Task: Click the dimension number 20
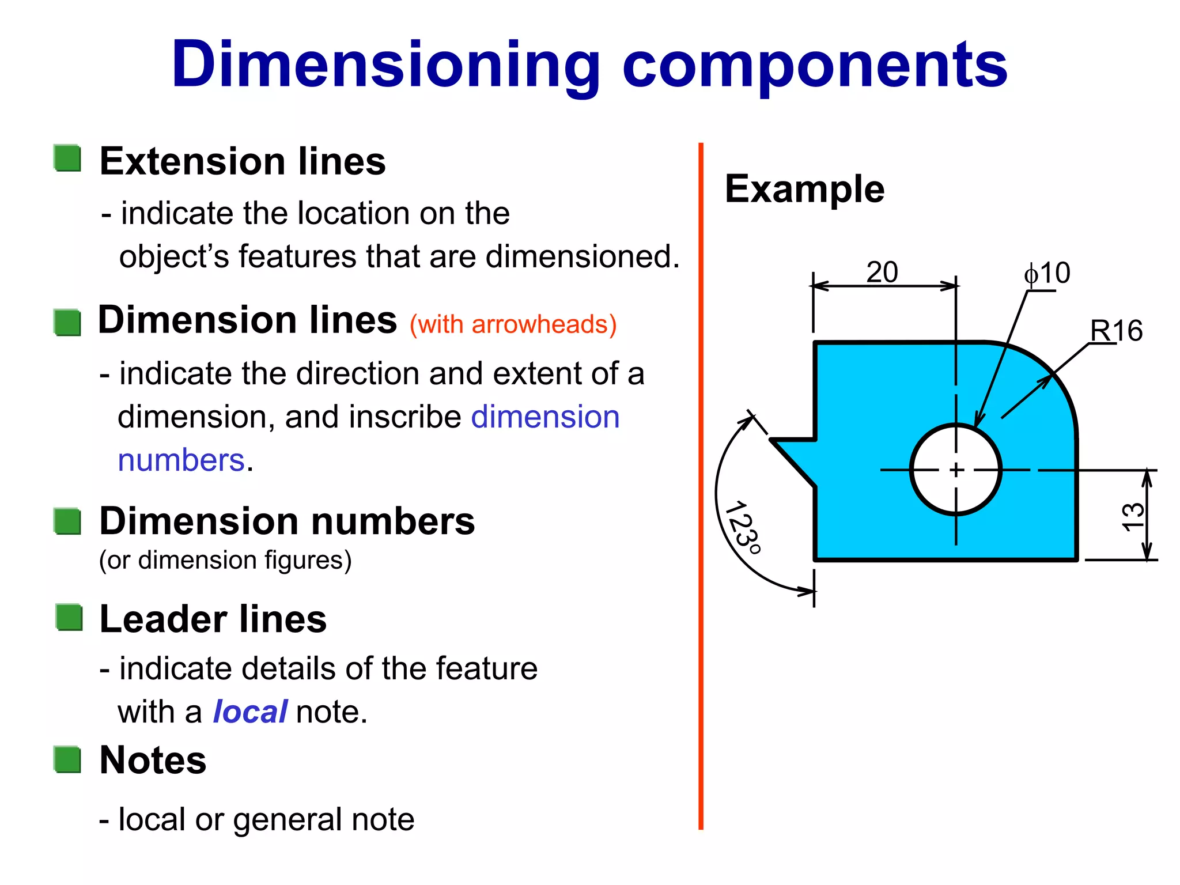point(882,273)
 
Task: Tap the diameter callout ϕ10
point(1047,273)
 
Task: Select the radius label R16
point(1116,331)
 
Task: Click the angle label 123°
point(743,527)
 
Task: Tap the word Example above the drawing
point(804,189)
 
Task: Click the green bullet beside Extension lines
point(68,158)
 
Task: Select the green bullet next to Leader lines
point(70,617)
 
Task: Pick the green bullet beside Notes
point(68,759)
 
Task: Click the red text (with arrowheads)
point(513,324)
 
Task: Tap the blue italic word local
point(250,712)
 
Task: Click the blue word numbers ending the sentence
point(181,460)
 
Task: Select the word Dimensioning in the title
point(386,65)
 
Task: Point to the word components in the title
point(815,65)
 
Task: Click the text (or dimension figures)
point(225,560)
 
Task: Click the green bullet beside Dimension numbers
point(68,521)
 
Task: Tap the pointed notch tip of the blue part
point(773,441)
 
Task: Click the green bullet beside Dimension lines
point(68,322)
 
